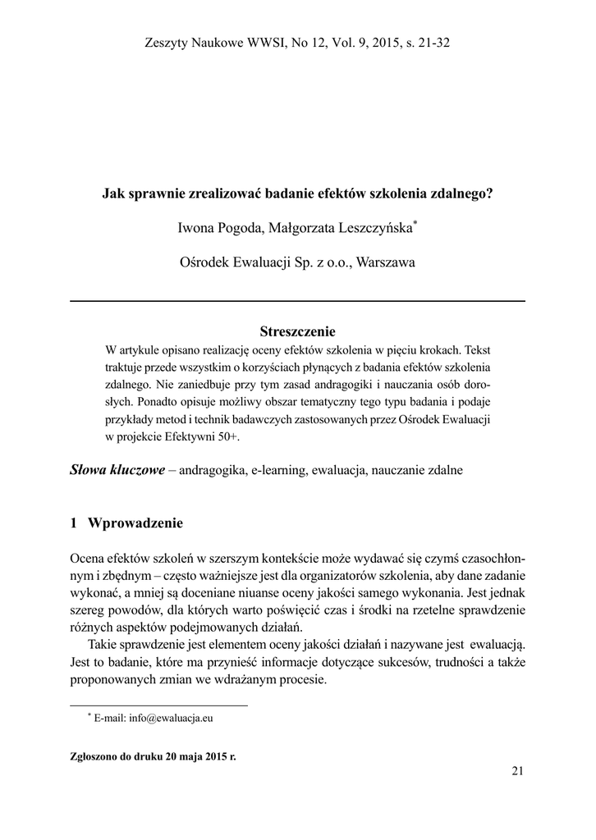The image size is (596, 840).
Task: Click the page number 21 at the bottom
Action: [x=517, y=769]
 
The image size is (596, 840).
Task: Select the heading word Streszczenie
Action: [x=298, y=331]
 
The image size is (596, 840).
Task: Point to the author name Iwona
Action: [x=198, y=227]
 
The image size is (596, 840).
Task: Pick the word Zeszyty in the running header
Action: [x=167, y=43]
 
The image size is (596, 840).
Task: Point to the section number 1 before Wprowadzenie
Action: [x=74, y=523]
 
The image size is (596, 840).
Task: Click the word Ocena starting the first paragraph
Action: [x=88, y=559]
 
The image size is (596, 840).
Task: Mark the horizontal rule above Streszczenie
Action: [x=298, y=302]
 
